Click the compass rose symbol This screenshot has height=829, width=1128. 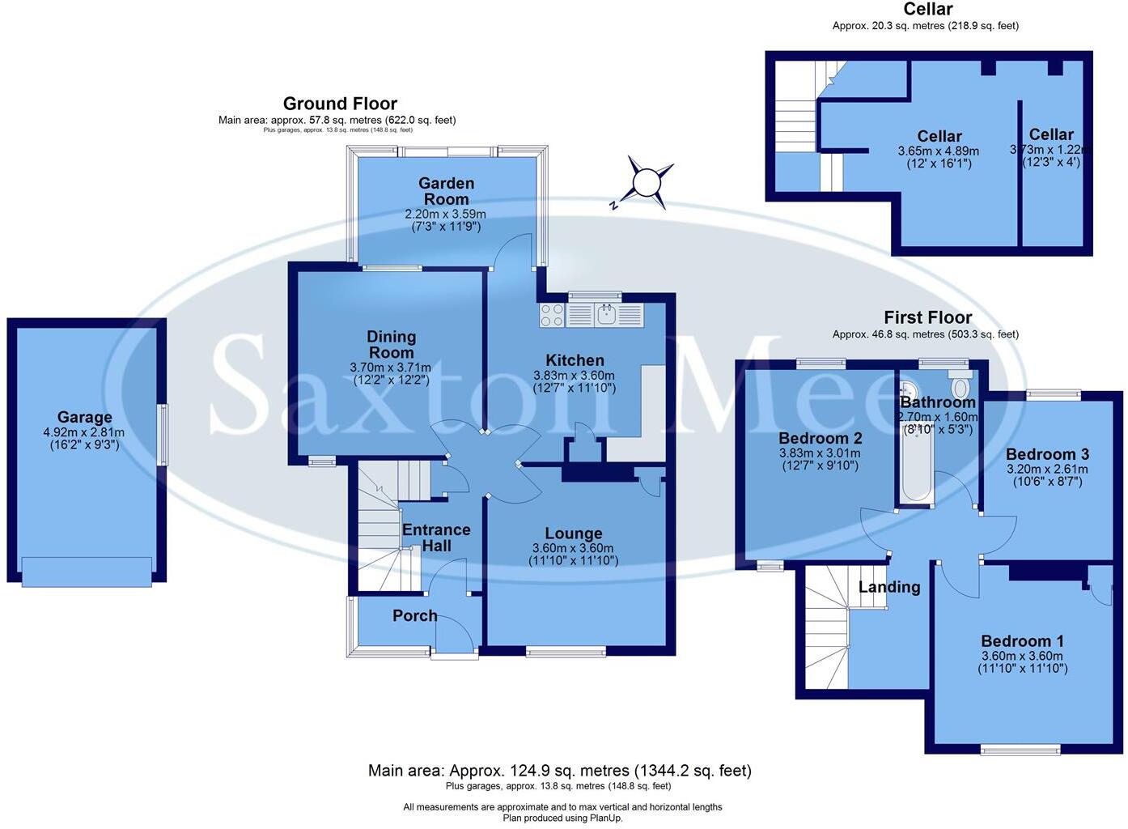(x=646, y=183)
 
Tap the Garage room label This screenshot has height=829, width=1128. (x=84, y=418)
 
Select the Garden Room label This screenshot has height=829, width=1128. (x=446, y=191)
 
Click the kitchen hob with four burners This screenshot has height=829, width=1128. (x=552, y=315)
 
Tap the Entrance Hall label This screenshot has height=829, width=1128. (x=436, y=538)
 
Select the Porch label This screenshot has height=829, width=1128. (x=414, y=616)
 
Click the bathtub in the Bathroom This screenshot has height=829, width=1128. (x=916, y=466)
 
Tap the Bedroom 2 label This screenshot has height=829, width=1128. (x=820, y=438)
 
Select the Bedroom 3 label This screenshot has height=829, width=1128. (x=1047, y=454)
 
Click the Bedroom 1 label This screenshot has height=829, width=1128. (x=1022, y=641)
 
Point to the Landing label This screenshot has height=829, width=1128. (x=889, y=587)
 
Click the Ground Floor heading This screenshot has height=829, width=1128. (x=340, y=104)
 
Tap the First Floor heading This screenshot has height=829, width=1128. (x=927, y=317)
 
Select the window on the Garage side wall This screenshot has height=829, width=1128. (x=163, y=434)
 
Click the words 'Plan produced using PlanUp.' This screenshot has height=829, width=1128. (x=562, y=818)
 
